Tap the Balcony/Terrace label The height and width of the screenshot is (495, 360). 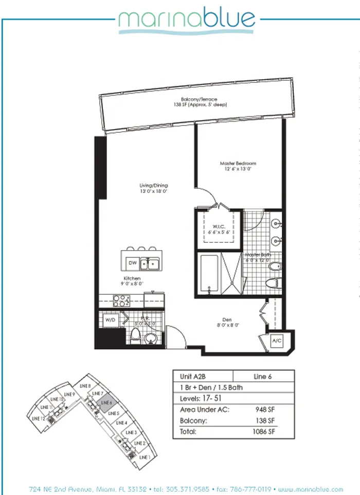click(199, 99)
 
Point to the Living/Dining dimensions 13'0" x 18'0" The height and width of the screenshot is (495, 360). click(154, 191)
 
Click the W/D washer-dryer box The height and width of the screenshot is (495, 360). click(110, 320)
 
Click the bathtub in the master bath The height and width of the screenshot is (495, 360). click(209, 274)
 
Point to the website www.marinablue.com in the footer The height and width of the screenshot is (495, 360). click(312, 488)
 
